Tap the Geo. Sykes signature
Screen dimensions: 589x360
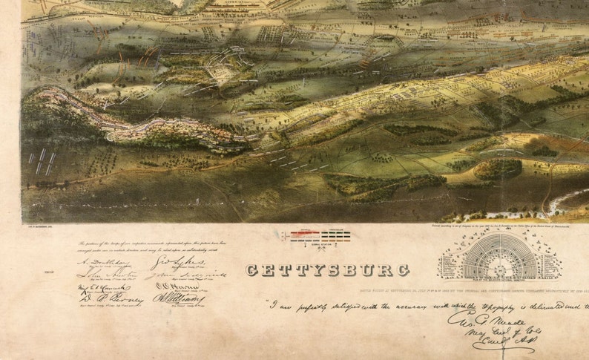(168, 261)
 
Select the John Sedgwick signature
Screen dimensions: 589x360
(178, 275)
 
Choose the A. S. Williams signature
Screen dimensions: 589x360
(168, 298)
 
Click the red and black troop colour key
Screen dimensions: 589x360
(320, 237)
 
